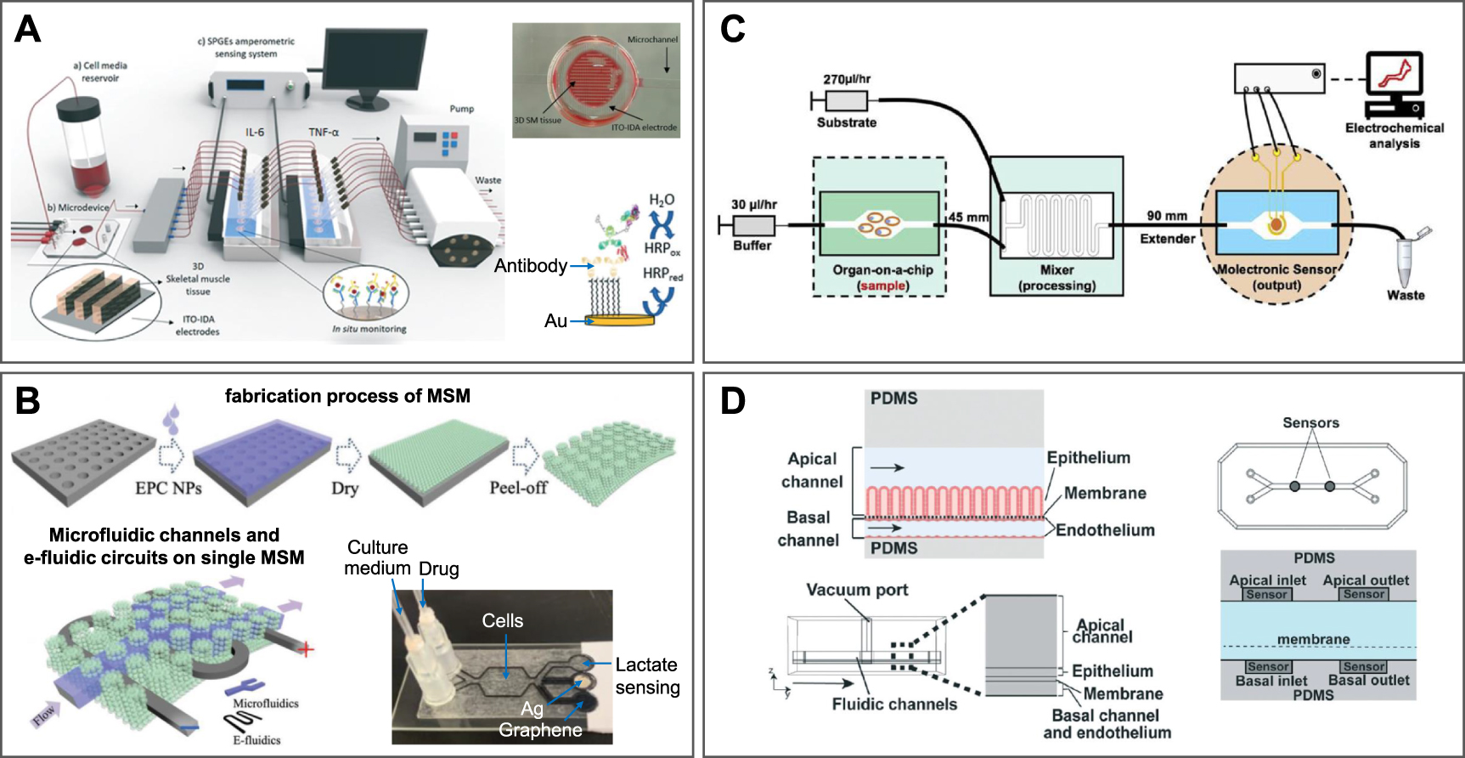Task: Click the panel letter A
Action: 27,30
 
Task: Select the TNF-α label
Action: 323,132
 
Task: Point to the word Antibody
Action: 530,266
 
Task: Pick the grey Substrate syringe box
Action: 846,101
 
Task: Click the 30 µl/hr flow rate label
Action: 753,205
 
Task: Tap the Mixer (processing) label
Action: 1056,277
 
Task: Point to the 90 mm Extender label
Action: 1167,227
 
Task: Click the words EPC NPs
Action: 167,488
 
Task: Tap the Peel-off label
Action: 518,488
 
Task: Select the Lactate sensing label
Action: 647,676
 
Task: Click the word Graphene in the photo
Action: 540,730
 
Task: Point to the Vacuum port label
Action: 857,590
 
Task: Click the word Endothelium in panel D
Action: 1105,530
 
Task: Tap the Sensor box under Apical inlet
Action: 1265,595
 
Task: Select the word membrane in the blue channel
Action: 1313,639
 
